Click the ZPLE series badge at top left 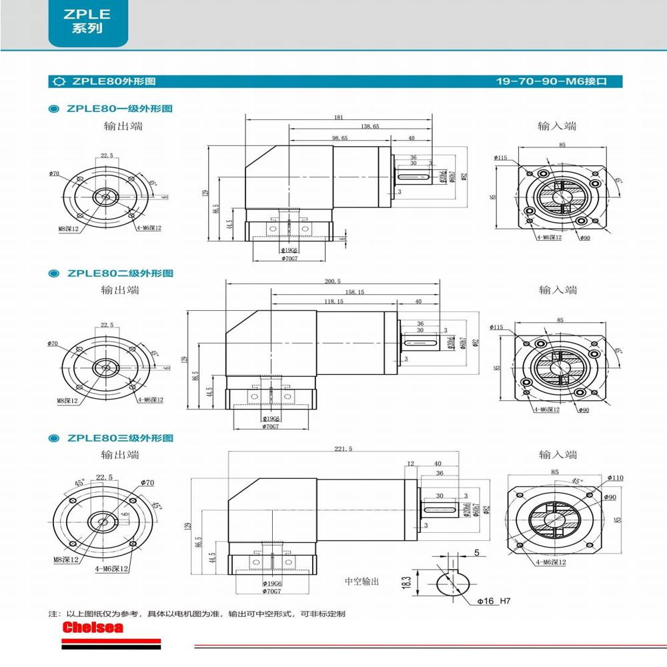pos(87,23)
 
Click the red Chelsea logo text pos(93,628)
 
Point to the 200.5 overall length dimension pos(333,281)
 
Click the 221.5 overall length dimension pos(343,449)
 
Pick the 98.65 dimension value pos(340,138)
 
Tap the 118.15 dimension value pos(333,301)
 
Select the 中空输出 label pos(362,582)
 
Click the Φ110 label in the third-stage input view pos(615,478)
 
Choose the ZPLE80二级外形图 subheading pos(119,273)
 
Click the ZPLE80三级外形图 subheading pos(119,438)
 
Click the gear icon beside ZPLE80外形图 pos(59,81)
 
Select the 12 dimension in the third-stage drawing pos(410,463)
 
